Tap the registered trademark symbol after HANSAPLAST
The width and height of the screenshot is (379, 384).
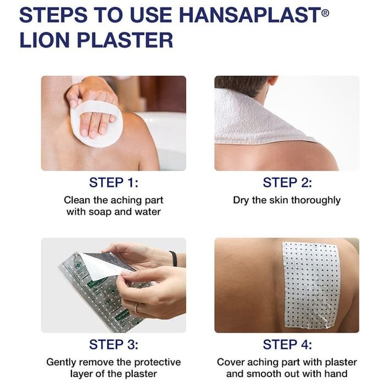[x=325, y=12]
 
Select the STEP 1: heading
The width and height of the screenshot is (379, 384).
[x=114, y=183]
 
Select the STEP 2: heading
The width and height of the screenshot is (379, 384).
[x=287, y=183]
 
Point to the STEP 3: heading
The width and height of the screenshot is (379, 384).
[x=114, y=345]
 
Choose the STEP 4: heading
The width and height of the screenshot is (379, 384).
[x=287, y=345]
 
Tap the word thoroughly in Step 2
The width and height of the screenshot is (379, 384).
[x=316, y=201]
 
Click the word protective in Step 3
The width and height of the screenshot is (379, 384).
[x=158, y=362]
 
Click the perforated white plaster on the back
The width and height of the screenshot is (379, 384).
[x=311, y=285]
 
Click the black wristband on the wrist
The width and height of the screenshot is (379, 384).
[x=174, y=258]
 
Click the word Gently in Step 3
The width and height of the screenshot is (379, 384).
[x=62, y=363]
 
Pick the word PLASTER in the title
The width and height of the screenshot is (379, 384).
[x=125, y=40]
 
